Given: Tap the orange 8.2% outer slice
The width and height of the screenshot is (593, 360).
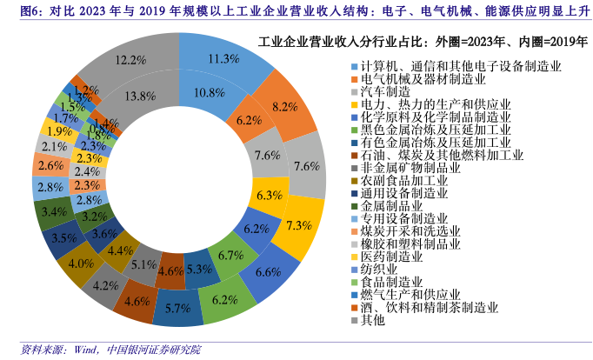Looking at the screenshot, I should pos(284,106).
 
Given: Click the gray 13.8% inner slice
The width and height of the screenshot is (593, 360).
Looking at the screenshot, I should pos(137,96).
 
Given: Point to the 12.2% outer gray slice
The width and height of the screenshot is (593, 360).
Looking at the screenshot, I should pos(130,60).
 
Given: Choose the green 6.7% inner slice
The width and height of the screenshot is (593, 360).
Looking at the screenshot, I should pos(232,255).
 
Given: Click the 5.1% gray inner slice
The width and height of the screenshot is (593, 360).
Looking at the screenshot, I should pos(144,264).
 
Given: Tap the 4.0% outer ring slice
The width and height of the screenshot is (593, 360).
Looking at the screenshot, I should pos(81,263).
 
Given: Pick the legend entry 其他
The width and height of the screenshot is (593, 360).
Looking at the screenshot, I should pos(372,320).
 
